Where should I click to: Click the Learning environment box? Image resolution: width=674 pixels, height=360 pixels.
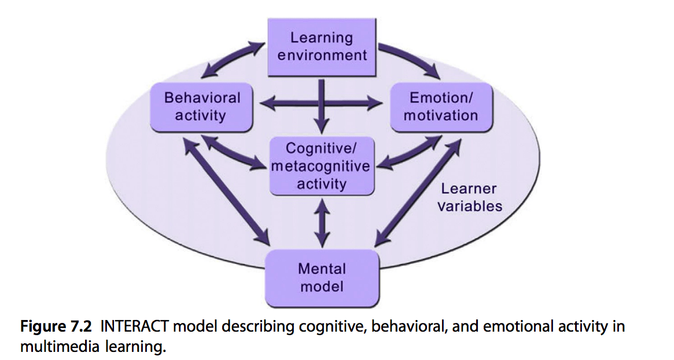tap(322, 47)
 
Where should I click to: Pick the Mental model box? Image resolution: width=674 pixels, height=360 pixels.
tap(322, 277)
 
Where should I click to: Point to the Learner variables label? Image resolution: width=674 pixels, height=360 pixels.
tap(469, 197)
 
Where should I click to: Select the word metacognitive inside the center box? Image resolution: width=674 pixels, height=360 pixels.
tap(321, 167)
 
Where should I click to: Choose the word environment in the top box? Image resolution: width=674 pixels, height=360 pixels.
tap(322, 55)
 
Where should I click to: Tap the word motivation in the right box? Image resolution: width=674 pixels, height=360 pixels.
tap(441, 115)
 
